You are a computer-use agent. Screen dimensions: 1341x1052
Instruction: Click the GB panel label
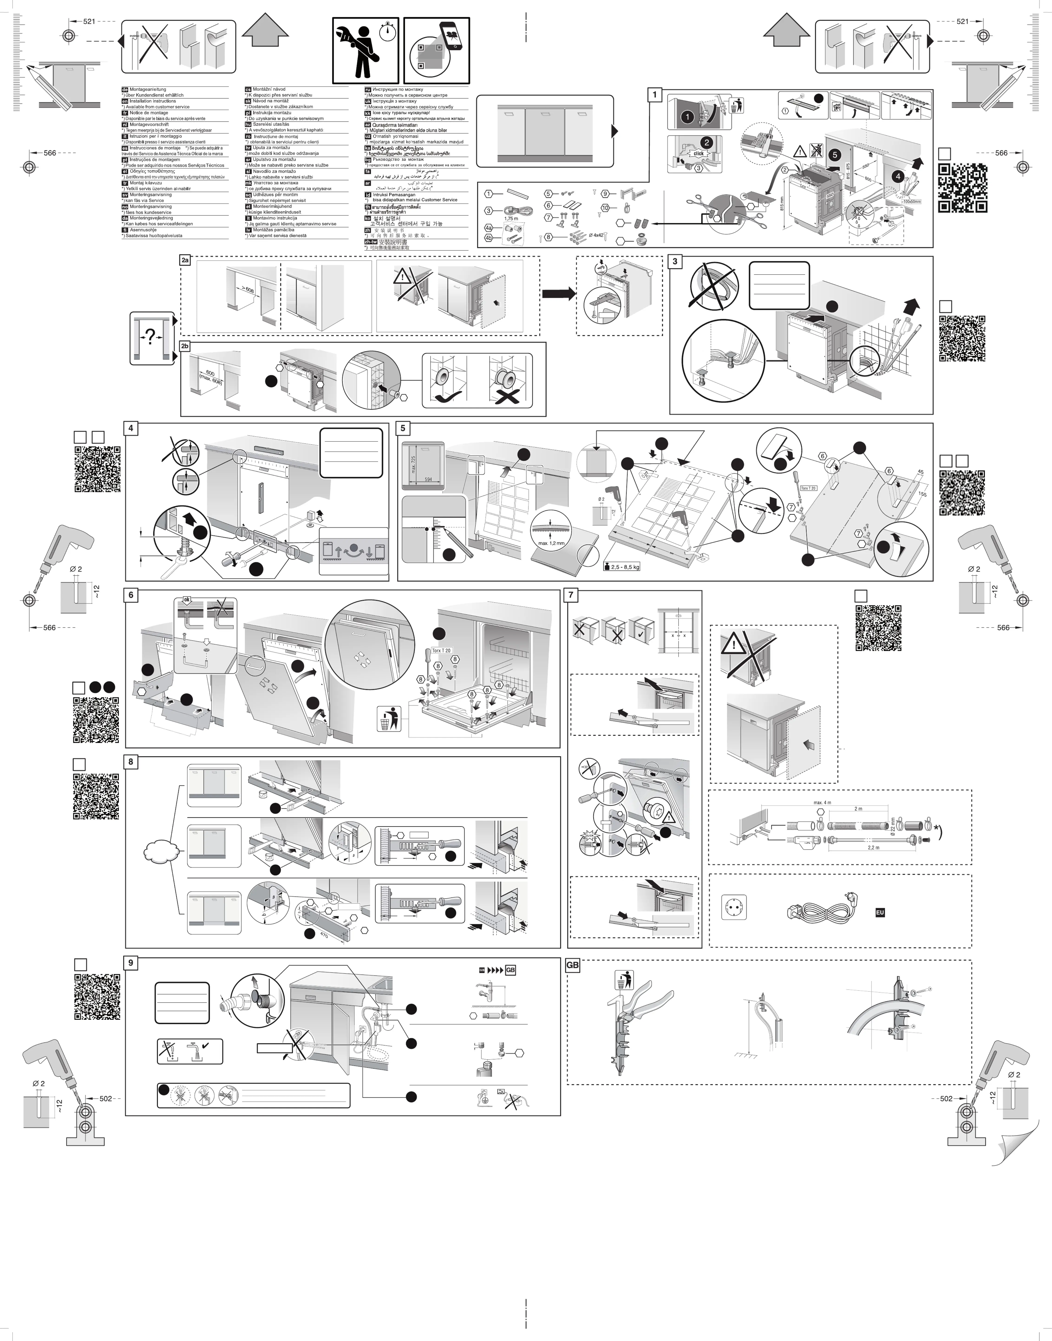click(x=572, y=966)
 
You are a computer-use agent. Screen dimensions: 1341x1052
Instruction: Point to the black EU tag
click(x=879, y=912)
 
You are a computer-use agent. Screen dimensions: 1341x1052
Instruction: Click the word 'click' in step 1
click(x=699, y=153)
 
